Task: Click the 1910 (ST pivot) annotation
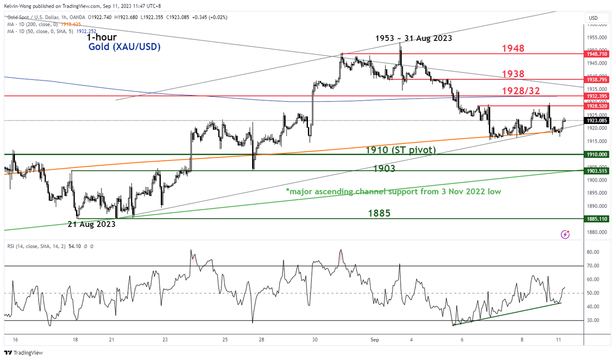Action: [x=400, y=150]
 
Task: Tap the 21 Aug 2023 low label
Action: [x=91, y=224]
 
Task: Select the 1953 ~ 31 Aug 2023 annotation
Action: [x=413, y=38]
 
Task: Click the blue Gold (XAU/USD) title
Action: [x=124, y=47]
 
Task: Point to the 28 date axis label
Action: [x=261, y=340]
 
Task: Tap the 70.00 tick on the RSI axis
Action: [x=593, y=266]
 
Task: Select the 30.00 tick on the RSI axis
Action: [x=593, y=320]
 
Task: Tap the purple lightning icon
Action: [x=565, y=235]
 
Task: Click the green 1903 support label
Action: [x=384, y=168]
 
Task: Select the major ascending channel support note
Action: [x=393, y=192]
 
